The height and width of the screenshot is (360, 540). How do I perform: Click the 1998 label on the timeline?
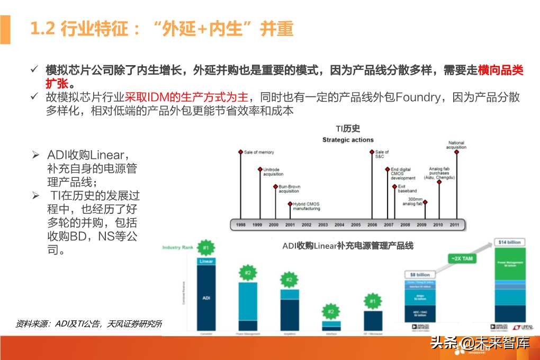click(241, 225)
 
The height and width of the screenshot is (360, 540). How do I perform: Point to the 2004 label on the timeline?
click(339, 225)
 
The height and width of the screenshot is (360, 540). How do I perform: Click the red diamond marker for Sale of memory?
click(241, 152)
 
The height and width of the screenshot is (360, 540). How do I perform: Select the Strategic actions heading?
click(348, 140)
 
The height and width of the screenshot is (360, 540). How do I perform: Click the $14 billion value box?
click(509, 242)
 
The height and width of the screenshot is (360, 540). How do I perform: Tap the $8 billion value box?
click(419, 275)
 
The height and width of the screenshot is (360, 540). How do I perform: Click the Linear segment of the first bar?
click(206, 261)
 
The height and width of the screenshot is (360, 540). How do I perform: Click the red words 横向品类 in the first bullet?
click(500, 70)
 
